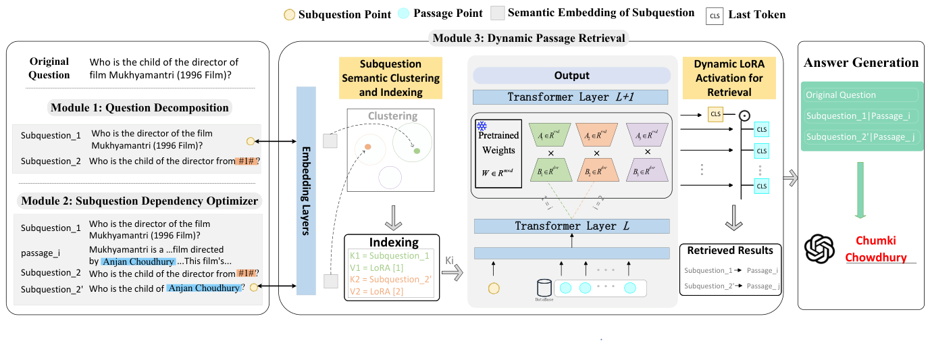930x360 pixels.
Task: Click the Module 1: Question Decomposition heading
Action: tap(140, 108)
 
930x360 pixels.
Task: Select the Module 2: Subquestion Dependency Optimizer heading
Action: tap(139, 201)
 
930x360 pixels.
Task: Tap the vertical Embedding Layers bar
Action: tap(307, 190)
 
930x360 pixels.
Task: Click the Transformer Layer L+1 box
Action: tap(571, 97)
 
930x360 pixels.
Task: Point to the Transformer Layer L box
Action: tap(572, 226)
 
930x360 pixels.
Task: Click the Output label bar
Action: tap(571, 76)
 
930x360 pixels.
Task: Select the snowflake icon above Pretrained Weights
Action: tap(482, 127)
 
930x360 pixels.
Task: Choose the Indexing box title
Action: tap(393, 242)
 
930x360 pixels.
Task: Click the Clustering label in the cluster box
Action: tap(392, 116)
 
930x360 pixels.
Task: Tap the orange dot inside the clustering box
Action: tap(367, 147)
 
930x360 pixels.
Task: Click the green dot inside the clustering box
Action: tap(417, 151)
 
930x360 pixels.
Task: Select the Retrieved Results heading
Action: tap(729, 251)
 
